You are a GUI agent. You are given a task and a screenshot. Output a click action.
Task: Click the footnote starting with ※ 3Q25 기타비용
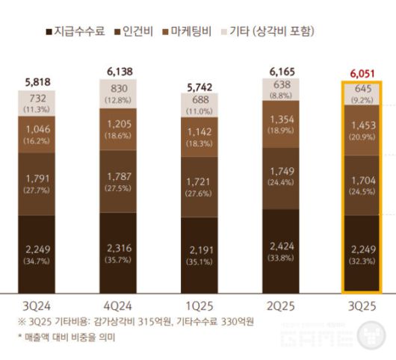[135, 322]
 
